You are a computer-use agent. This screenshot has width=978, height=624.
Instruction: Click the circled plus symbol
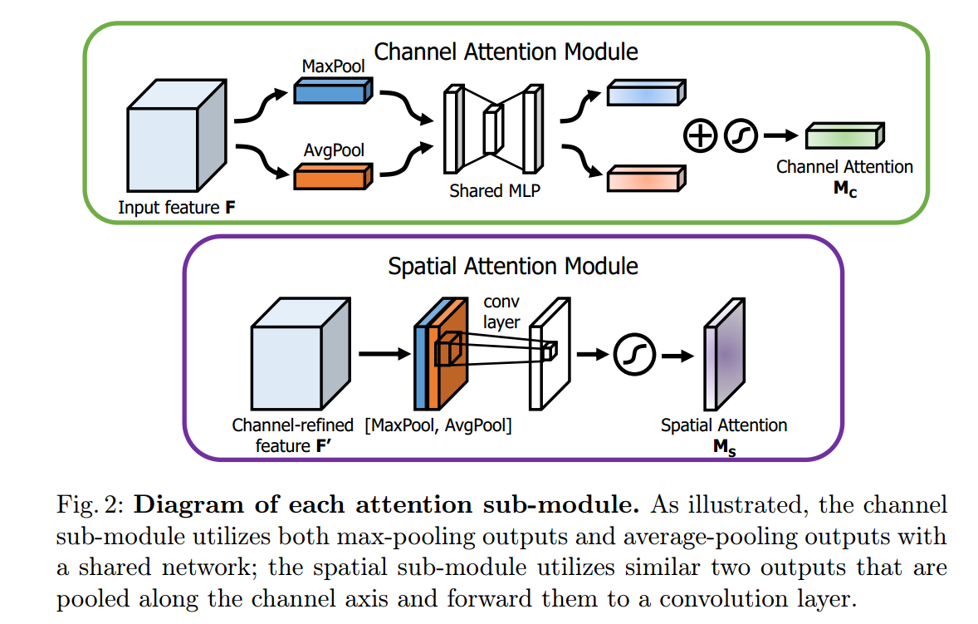point(701,135)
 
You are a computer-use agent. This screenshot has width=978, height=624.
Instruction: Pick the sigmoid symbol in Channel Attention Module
point(741,135)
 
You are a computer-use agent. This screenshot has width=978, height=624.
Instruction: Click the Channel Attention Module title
point(506,52)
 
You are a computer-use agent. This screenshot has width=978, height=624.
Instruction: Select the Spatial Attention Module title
point(513,267)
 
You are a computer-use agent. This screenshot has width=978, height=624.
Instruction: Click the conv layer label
point(501,313)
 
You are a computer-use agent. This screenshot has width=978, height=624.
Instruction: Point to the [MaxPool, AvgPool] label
point(438,426)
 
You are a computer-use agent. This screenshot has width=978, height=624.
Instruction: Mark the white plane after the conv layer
point(550,351)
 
